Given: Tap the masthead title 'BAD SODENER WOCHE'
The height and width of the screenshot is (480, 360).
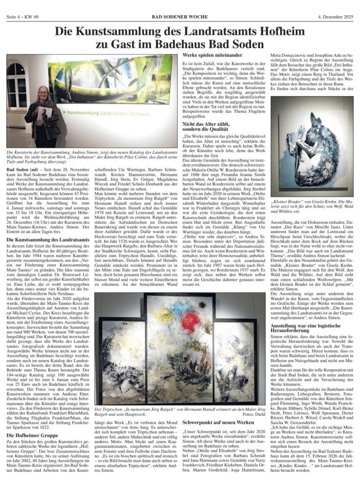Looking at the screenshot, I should click(180, 4).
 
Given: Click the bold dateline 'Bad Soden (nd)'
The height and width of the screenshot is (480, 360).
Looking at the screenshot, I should click(22, 169).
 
